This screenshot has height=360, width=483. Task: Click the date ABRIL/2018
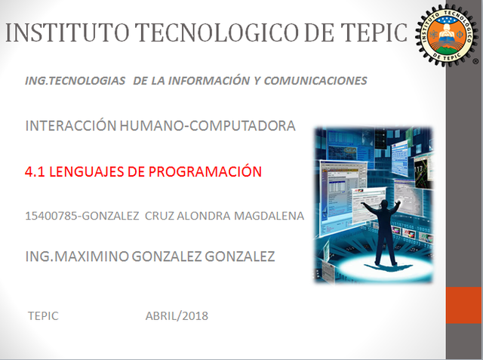[177, 315]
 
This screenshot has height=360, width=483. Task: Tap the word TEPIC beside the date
[42, 315]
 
